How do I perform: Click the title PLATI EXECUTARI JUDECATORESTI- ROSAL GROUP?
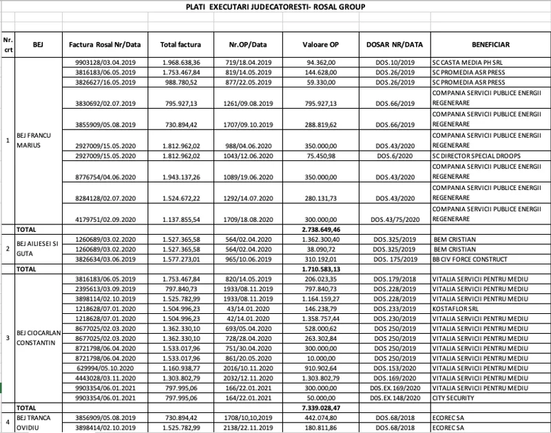click(x=275, y=8)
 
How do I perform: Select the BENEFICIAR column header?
click(x=490, y=45)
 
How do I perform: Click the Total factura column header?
click(x=180, y=45)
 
